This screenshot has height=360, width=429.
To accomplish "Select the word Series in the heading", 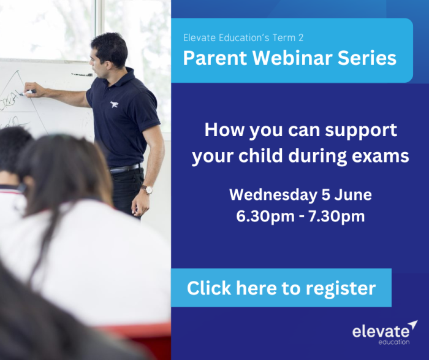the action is coord(367,58).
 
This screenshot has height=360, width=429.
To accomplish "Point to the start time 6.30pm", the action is coord(265,216).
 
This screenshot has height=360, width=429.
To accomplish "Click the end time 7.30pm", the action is coord(336,216).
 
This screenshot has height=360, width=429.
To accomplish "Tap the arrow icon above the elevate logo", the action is coord(413,324).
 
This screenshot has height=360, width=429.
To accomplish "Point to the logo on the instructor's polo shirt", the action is coord(115,104).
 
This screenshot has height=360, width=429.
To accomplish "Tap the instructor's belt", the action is coord(125,169).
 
